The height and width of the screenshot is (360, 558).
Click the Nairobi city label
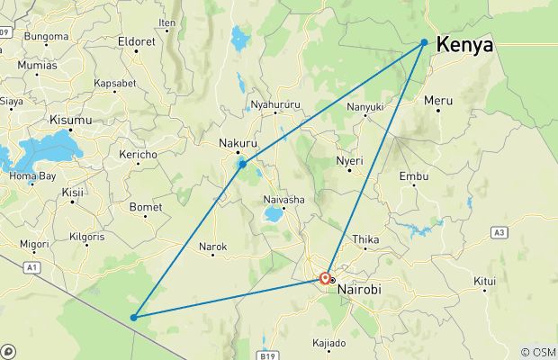click(360, 289)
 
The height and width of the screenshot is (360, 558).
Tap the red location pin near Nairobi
click(325, 279)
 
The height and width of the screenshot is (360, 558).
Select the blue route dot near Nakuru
click(242, 165)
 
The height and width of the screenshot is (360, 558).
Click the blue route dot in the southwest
click(133, 317)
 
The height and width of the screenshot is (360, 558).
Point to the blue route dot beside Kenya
click(424, 41)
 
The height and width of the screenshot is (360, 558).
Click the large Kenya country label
click(464, 44)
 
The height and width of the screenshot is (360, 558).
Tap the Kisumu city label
click(70, 120)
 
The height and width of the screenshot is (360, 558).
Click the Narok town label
click(213, 246)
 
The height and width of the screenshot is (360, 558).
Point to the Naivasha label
click(284, 199)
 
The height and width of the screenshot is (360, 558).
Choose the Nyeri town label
click(349, 160)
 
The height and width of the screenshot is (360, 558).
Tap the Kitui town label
click(485, 281)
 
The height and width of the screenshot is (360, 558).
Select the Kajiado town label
click(328, 343)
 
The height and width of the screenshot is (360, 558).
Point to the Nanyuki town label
click(365, 107)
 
